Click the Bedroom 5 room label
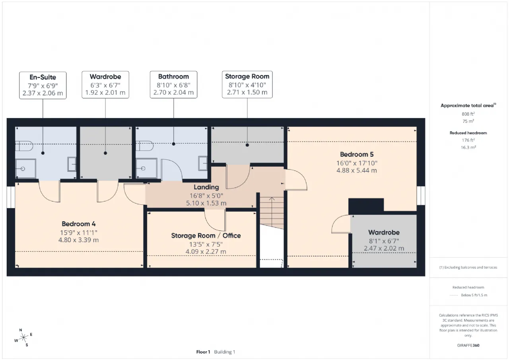pos(357,154)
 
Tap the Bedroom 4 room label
pos(79,224)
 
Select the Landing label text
pos(206,187)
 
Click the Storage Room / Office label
pos(206,235)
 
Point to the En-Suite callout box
pos(43,85)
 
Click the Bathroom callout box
pos(173,85)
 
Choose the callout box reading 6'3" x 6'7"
pos(105,85)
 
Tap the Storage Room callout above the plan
pos(247,85)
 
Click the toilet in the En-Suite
pos(24,146)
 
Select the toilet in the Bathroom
pos(144,146)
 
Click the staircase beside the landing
pos(272,213)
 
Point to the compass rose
pos(23,338)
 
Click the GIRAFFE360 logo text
pos(468,345)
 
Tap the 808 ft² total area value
pos(468,114)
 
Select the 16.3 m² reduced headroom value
pos(468,147)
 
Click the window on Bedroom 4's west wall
pos(11,197)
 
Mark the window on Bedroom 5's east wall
pos(421,196)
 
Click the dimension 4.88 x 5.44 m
pos(357,170)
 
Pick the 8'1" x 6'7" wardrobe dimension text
pos(384,241)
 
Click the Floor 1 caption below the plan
pos(203,352)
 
